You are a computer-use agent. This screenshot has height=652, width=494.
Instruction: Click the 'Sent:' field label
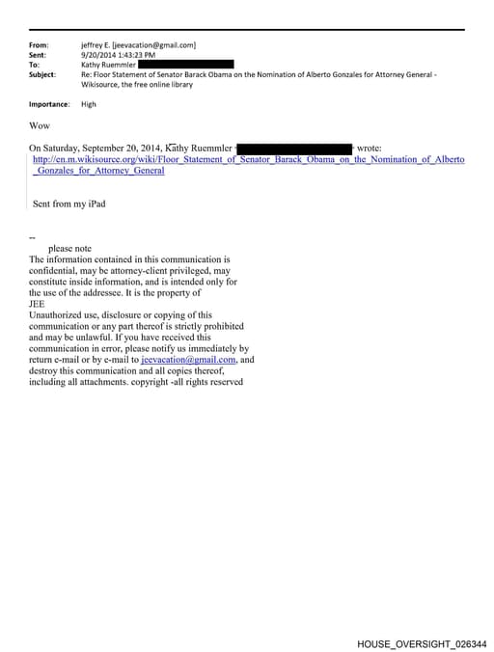[38, 55]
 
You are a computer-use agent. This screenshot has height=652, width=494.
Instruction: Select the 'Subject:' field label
[42, 74]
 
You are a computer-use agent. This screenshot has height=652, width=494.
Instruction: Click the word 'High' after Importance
[89, 104]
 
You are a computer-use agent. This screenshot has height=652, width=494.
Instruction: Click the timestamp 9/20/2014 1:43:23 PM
[120, 55]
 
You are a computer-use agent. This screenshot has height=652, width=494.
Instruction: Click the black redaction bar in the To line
[185, 65]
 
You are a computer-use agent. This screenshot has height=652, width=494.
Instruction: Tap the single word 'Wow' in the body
[40, 126]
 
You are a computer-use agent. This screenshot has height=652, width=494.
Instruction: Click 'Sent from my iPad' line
[69, 204]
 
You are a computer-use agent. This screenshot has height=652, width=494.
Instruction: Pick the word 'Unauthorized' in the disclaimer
[62, 315]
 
